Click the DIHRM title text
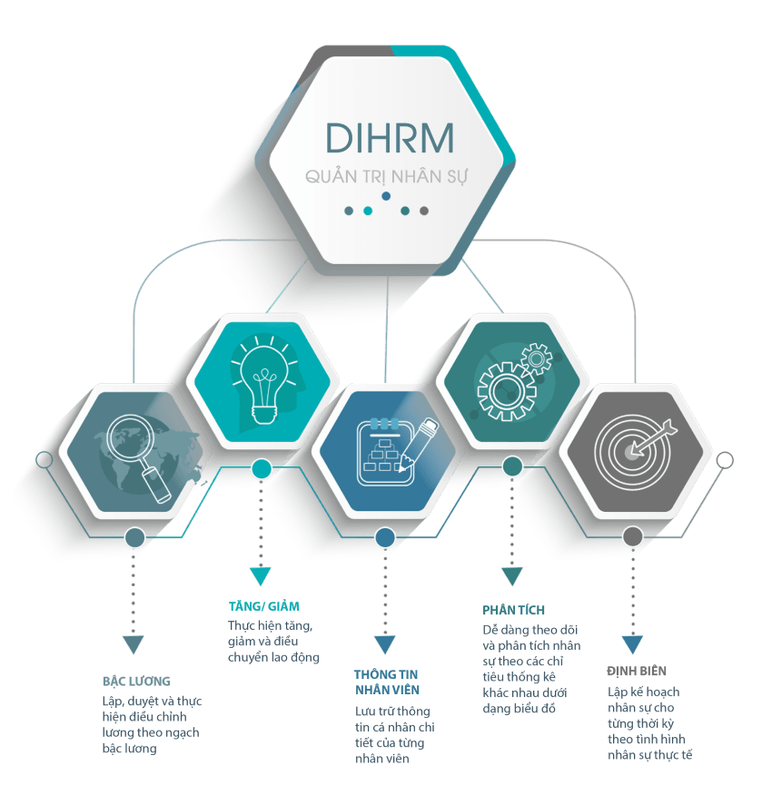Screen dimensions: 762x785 pos(390,138)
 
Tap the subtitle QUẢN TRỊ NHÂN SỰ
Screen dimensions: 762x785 pos(386,176)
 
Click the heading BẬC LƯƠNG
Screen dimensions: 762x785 pos(136,681)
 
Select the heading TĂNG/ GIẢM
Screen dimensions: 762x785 pos(264,606)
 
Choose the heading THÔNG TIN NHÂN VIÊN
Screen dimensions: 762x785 pos(386,682)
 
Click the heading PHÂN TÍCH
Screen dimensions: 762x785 pos(513,610)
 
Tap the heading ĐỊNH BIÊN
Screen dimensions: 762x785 pos(637,671)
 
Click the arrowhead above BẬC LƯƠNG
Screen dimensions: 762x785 pos(134,644)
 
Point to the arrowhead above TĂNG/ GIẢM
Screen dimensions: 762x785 pos(261,576)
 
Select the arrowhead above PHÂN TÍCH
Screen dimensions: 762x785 pos(512,576)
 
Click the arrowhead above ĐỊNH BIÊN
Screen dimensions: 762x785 pos(632,644)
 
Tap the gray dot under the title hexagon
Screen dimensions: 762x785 pos(424,211)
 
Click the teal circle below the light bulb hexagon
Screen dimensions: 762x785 pos(261,469)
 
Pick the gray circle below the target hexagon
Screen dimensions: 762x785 pos(633,536)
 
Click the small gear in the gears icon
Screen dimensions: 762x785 pos(537,358)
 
